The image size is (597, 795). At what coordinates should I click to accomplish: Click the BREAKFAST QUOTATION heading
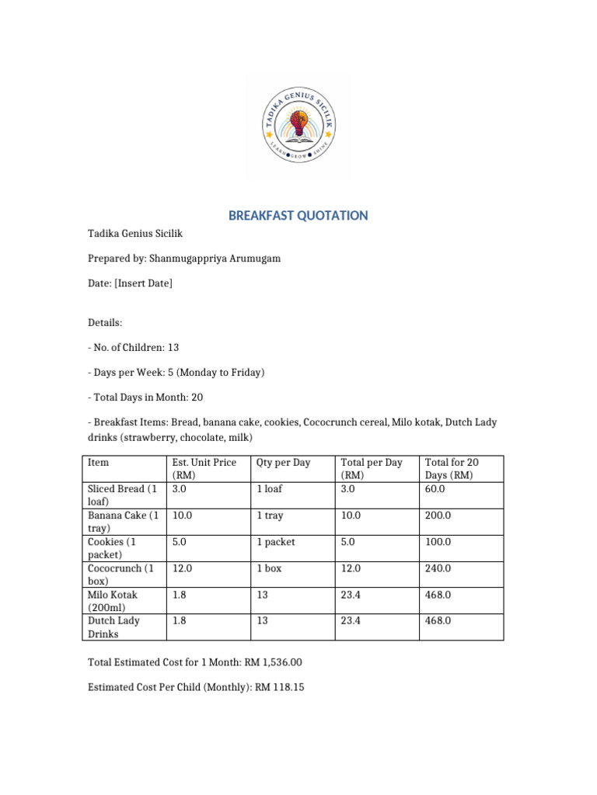pos(298,216)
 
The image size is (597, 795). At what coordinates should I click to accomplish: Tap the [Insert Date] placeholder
pos(143,283)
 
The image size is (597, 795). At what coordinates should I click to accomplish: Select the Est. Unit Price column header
pos(204,468)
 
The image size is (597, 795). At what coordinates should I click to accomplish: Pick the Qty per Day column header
pos(283,463)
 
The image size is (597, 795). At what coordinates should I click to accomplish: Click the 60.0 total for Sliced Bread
pos(438,489)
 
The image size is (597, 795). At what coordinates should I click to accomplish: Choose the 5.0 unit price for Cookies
pos(180,542)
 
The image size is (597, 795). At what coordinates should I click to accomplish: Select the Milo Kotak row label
pos(113,600)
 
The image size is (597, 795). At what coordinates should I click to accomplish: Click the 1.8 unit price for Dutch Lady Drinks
pos(180,621)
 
